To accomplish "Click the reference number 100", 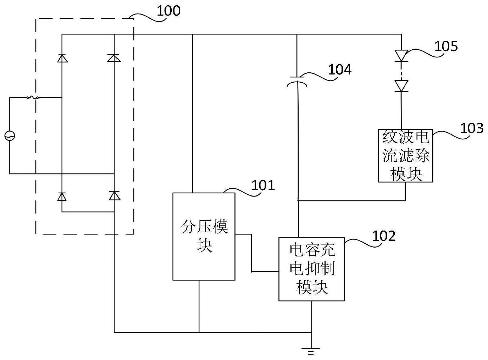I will (x=168, y=11).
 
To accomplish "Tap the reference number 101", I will (x=263, y=185).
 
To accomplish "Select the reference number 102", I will (x=383, y=236).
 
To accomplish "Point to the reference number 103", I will (x=472, y=128).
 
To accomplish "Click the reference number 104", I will (x=339, y=70).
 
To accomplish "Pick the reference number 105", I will (x=446, y=46).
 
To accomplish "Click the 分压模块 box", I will (x=204, y=236).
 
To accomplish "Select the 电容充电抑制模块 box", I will (x=311, y=269).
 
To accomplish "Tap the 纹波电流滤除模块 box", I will (x=405, y=156).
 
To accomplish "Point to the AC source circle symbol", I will (x=10, y=135).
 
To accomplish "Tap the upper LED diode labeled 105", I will (x=401, y=55).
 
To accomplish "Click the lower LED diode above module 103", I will (x=401, y=86).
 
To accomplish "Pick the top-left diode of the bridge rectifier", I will (x=62, y=58).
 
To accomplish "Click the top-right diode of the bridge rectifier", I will (x=114, y=58).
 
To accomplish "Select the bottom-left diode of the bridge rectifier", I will (x=62, y=196).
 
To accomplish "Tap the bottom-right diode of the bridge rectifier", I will (x=114, y=195).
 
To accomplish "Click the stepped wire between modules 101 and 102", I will (x=252, y=253).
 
